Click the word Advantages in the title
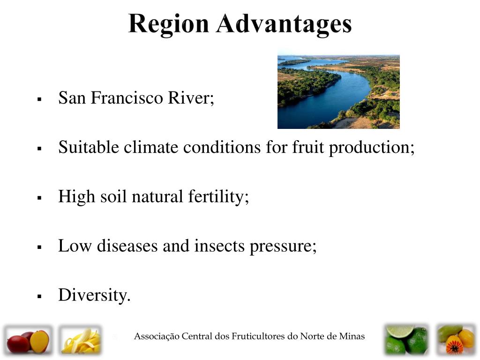tap(284, 24)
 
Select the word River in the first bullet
tap(191, 98)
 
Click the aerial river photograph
tap(338, 92)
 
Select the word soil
tap(113, 196)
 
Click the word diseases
tap(127, 246)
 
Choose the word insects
tap(219, 246)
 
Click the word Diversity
tap(94, 295)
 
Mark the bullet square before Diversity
tap(39, 296)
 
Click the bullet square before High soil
tap(39, 198)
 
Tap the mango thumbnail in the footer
tap(28, 340)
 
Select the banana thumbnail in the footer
tap(80, 340)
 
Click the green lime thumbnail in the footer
tap(406, 340)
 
